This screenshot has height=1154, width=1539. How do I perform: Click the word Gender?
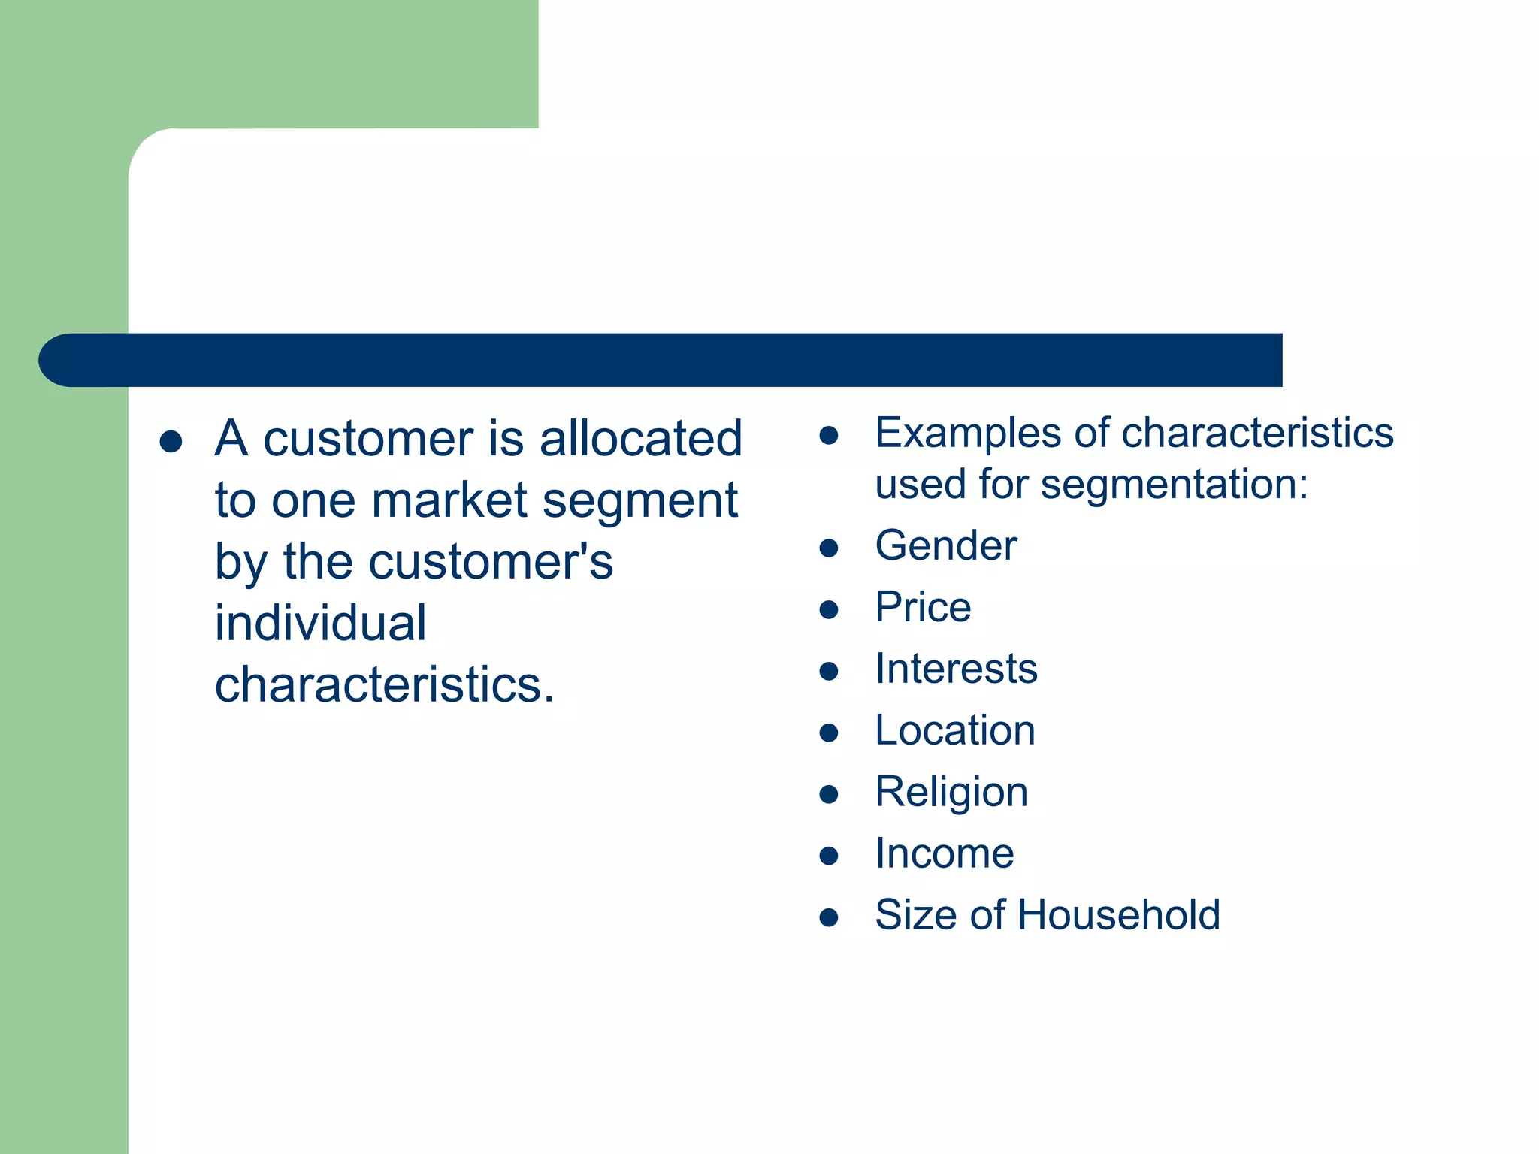point(945,545)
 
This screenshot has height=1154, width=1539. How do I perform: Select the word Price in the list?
point(923,607)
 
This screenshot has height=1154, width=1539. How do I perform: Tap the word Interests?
point(956,669)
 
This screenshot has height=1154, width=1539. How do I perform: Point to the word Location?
point(954,730)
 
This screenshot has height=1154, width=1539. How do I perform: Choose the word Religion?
point(951,793)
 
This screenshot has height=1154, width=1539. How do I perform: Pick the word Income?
point(945,854)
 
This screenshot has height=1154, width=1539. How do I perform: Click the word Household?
point(1119,915)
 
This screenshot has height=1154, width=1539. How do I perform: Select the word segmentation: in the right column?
point(1174,485)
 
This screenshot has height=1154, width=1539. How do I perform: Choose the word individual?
point(321,624)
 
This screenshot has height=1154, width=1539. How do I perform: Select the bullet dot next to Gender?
point(828,548)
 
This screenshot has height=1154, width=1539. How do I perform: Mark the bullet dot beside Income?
point(828,856)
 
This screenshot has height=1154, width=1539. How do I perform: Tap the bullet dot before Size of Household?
point(828,917)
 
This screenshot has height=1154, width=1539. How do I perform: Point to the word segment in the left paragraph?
point(640,500)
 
